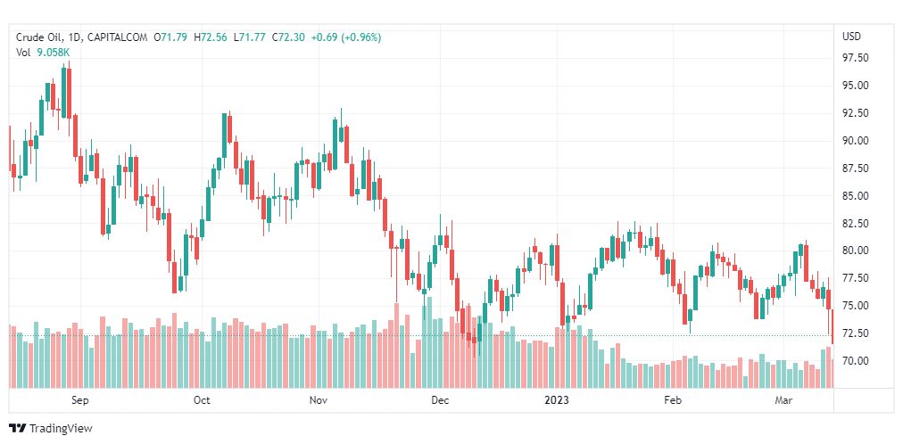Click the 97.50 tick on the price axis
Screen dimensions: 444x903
856,59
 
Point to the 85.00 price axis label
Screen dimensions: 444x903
856,195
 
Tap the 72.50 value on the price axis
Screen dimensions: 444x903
856,333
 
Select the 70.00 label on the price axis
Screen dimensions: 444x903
856,361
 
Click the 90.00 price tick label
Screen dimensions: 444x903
856,141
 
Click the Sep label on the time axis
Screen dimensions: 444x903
80,400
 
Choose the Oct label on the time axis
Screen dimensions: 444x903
202,400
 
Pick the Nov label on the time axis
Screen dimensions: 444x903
319,400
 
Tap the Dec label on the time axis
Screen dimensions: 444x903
439,400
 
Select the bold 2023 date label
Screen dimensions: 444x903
558,400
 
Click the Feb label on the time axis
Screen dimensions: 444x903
674,400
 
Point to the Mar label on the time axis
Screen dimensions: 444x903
783,400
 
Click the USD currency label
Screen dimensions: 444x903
851,37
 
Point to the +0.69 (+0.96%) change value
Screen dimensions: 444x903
346,37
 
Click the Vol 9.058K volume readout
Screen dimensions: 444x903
43,53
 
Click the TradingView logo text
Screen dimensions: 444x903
61,429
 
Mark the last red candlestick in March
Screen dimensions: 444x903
832,326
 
